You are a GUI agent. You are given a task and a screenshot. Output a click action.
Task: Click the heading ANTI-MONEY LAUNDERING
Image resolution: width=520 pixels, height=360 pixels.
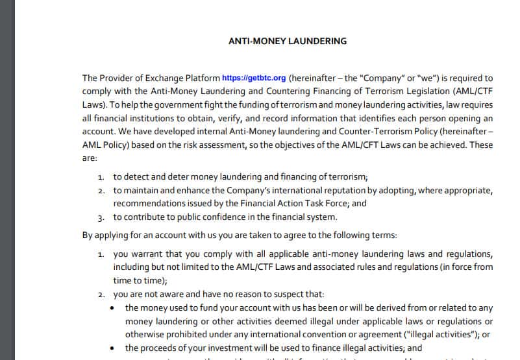[288, 41]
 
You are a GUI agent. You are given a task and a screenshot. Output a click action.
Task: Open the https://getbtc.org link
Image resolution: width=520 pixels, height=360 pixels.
[254, 78]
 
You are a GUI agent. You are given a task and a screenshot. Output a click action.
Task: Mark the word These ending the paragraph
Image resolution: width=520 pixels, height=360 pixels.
[481, 145]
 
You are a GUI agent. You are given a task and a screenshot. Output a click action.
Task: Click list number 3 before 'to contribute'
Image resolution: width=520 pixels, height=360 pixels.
[101, 218]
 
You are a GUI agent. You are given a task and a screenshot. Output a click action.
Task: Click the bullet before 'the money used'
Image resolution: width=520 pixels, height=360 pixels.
[114, 308]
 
